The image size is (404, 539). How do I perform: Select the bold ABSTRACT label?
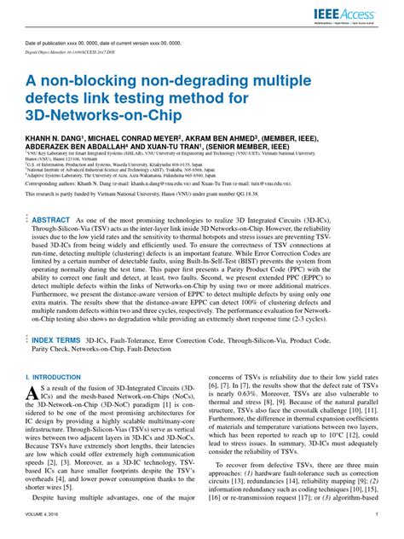pyautogui.click(x=51, y=220)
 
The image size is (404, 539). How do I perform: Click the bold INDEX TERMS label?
pyautogui.click(x=58, y=339)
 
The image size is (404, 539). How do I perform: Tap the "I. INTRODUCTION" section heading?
pyautogui.click(x=54, y=375)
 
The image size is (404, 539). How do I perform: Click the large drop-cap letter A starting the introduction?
pyautogui.click(x=33, y=395)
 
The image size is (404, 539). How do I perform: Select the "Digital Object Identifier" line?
pyautogui.click(x=81, y=50)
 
